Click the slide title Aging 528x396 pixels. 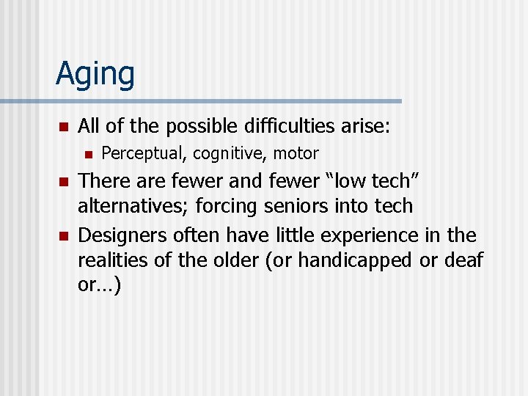[95, 75]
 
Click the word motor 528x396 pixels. [297, 154]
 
